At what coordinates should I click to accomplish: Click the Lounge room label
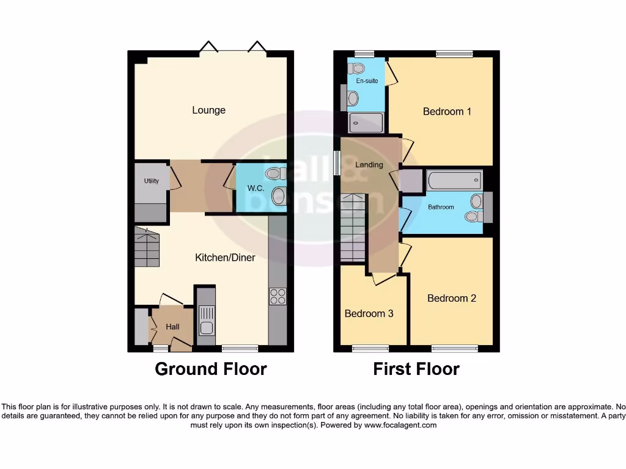[x=208, y=111]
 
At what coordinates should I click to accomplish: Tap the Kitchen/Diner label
[x=225, y=258]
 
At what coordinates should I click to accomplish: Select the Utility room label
[x=152, y=181]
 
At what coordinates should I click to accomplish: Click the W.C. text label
[x=256, y=188]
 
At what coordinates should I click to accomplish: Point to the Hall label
[x=172, y=327]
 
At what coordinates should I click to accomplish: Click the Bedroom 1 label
[x=447, y=112]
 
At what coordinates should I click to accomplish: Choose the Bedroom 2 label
[x=451, y=299]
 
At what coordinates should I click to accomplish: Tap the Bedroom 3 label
[x=369, y=314]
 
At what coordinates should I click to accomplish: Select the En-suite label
[x=367, y=81]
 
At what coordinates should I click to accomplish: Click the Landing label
[x=369, y=165]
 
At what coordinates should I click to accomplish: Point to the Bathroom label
[x=441, y=208]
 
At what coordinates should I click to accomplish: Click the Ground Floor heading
[x=210, y=369]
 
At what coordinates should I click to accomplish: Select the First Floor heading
[x=416, y=369]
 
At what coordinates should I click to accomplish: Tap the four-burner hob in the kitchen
[x=278, y=296]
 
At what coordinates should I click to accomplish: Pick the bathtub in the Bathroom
[x=454, y=181]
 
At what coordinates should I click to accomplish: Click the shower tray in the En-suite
[x=366, y=123]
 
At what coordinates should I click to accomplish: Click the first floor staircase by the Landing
[x=353, y=227]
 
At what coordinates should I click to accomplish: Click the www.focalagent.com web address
[x=400, y=425]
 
